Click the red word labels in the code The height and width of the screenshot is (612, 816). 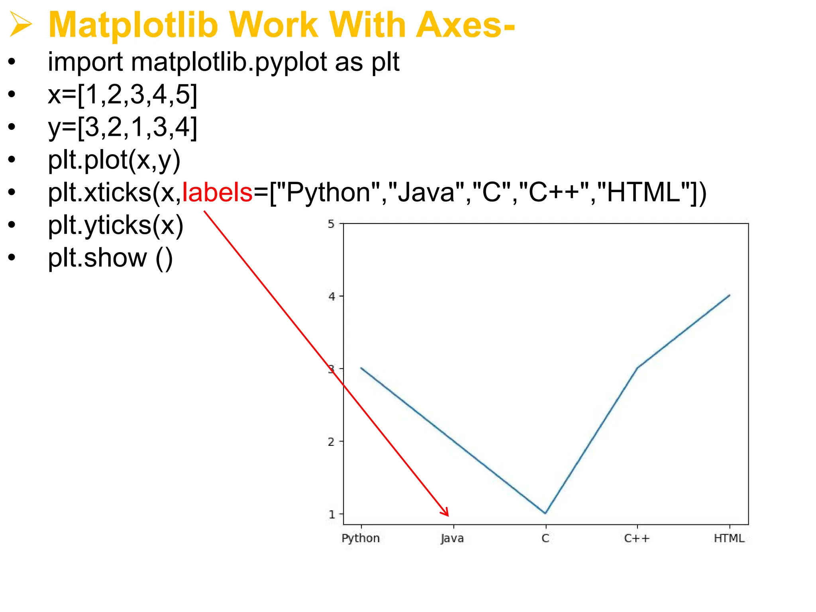pyautogui.click(x=217, y=192)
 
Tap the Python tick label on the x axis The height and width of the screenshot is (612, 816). pyautogui.click(x=361, y=539)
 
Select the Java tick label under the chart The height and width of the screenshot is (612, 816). pyautogui.click(x=452, y=539)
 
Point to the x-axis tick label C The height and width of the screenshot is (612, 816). pyautogui.click(x=545, y=539)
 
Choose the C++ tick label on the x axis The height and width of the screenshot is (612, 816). pyautogui.click(x=637, y=539)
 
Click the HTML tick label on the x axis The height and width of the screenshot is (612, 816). pyautogui.click(x=729, y=539)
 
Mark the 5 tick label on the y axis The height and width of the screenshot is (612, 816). pyautogui.click(x=331, y=224)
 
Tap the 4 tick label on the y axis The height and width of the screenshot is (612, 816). pyautogui.click(x=331, y=296)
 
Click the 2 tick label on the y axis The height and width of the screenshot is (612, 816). pyautogui.click(x=331, y=442)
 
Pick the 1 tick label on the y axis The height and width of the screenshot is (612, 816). pyautogui.click(x=331, y=514)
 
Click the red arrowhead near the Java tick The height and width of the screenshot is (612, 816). pyautogui.click(x=446, y=512)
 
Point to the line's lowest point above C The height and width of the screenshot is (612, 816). pyautogui.click(x=545, y=513)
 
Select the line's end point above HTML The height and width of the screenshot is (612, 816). pyautogui.click(x=729, y=295)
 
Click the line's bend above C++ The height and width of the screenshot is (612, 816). pyautogui.click(x=637, y=367)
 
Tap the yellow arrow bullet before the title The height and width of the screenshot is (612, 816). pyautogui.click(x=21, y=25)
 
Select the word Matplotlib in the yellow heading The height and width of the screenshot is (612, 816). pyautogui.click(x=133, y=25)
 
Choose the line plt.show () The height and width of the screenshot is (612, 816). pyautogui.click(x=110, y=258)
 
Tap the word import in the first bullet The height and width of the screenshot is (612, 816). pyautogui.click(x=85, y=63)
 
